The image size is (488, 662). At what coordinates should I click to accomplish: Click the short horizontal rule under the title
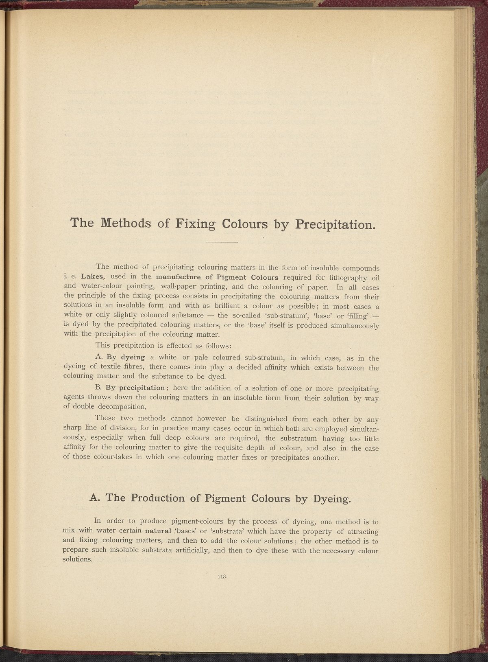pos(222,243)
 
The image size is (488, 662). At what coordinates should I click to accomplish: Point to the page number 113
pos(222,576)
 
